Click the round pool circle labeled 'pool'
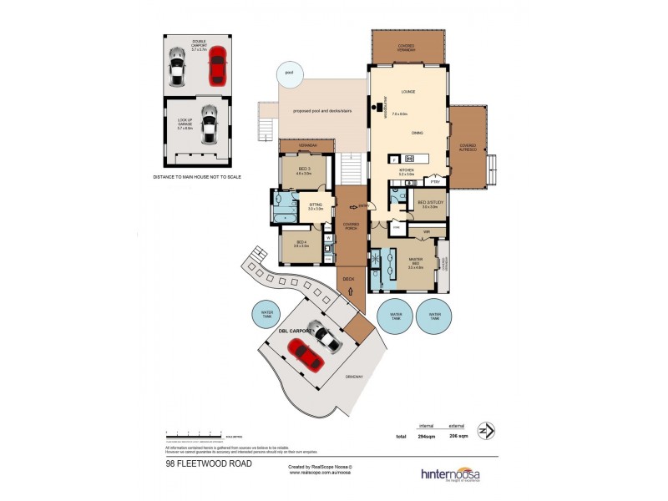click(289, 73)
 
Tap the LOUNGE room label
click(408, 91)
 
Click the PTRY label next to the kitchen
click(434, 181)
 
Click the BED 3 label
click(302, 170)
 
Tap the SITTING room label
click(316, 206)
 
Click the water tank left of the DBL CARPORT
click(266, 314)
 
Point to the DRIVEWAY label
click(354, 377)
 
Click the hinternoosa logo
click(449, 473)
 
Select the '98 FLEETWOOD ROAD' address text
click(200, 463)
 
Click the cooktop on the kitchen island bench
click(410, 159)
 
